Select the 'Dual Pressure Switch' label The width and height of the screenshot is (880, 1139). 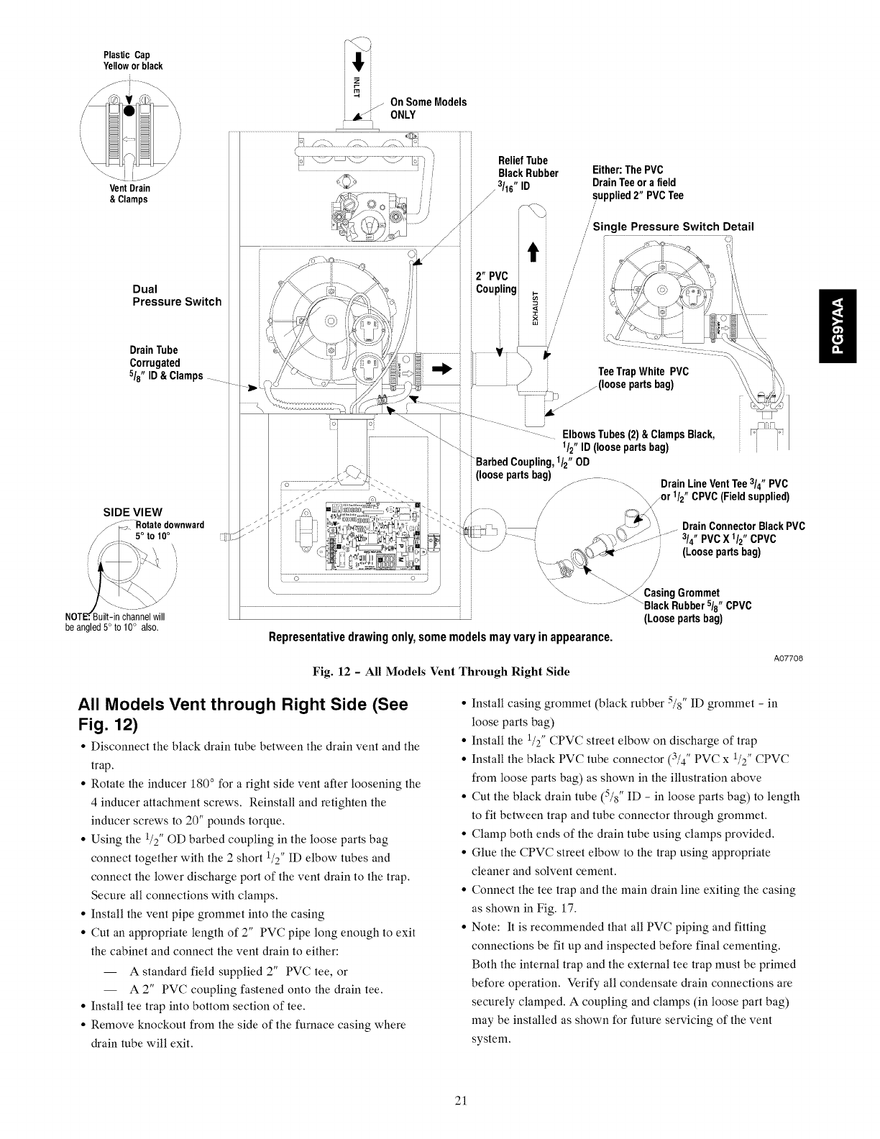[177, 296]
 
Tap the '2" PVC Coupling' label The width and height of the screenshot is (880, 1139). [496, 283]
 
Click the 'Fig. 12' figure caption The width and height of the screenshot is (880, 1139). [440, 672]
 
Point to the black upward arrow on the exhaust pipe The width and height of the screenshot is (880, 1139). [533, 256]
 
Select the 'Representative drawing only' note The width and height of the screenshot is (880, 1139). [440, 638]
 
